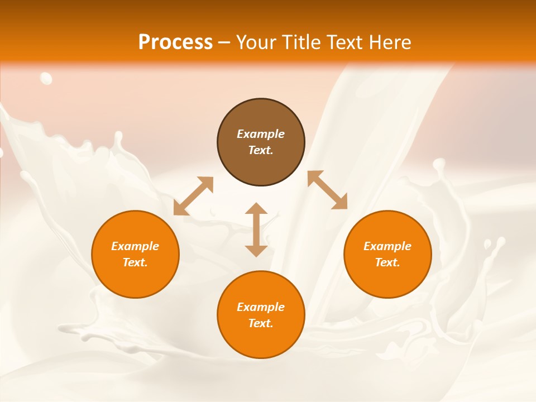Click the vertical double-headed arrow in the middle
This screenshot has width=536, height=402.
(x=256, y=229)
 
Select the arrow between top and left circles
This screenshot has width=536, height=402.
(x=193, y=196)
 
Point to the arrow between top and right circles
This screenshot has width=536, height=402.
(x=327, y=190)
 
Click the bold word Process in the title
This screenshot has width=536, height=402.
(x=175, y=42)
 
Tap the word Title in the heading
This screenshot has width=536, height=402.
(x=303, y=42)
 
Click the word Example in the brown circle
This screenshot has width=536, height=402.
(x=261, y=134)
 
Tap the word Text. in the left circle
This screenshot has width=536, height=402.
(x=135, y=262)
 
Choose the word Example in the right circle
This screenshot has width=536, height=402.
(x=387, y=246)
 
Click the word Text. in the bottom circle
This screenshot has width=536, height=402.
(x=261, y=323)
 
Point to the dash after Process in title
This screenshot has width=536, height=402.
(x=224, y=42)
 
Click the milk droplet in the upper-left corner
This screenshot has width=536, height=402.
(x=46, y=78)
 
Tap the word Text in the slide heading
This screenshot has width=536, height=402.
(x=347, y=42)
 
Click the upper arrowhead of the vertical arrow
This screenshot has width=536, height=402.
(x=256, y=208)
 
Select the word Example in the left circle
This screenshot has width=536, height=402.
(x=135, y=246)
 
